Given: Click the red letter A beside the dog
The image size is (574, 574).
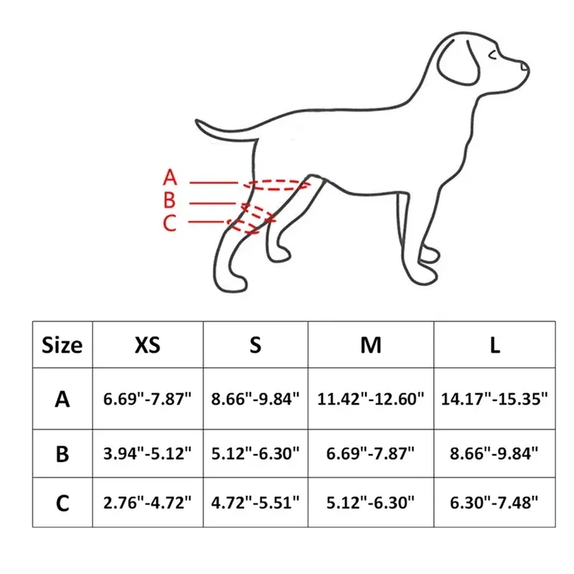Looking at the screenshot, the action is click(170, 177).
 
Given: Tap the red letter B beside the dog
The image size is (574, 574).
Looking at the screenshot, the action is click(169, 200).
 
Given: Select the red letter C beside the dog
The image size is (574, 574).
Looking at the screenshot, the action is click(169, 223).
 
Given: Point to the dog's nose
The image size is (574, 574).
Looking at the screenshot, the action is click(524, 66).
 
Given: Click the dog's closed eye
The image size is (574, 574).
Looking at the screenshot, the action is click(493, 55).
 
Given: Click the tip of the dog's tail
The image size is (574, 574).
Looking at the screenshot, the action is click(197, 121).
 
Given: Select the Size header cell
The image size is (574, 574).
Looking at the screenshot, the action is click(62, 345).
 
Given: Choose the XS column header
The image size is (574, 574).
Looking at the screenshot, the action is click(148, 345).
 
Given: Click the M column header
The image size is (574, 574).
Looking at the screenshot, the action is click(371, 345).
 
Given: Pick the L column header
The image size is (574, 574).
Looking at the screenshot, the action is click(494, 345).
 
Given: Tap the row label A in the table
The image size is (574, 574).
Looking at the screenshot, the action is click(62, 399).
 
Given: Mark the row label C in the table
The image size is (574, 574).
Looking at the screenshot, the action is click(62, 503).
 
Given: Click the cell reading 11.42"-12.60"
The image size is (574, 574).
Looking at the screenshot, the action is click(371, 399).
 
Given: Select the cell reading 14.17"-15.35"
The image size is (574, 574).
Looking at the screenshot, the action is click(494, 399).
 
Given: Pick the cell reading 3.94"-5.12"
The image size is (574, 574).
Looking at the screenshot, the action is click(148, 453).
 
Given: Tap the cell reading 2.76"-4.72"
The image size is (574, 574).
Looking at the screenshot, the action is click(148, 503).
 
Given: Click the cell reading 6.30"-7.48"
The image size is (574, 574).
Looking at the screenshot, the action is click(494, 503).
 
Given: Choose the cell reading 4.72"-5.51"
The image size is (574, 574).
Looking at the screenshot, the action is click(255, 503).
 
